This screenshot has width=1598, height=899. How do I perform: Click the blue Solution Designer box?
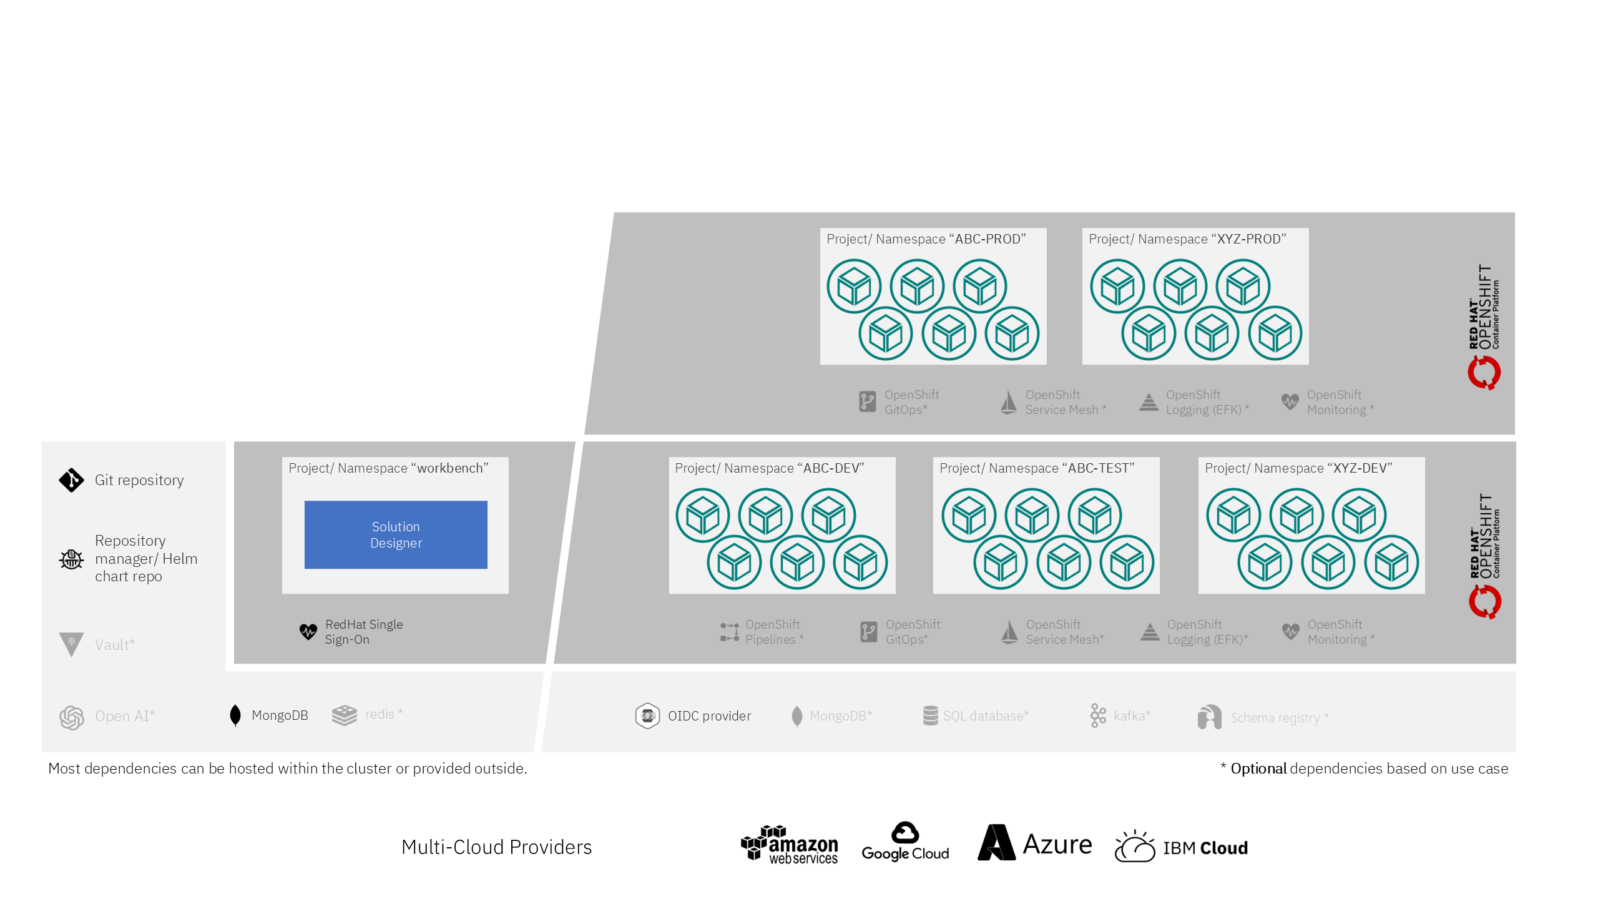(x=396, y=534)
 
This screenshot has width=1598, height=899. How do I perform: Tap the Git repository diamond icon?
(x=71, y=480)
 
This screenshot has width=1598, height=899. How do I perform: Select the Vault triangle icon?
(x=71, y=644)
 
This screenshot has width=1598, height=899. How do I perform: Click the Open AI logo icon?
(x=72, y=717)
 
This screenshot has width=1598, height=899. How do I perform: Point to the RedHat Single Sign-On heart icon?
(x=308, y=632)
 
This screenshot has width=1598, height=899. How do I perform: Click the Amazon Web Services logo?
(x=790, y=845)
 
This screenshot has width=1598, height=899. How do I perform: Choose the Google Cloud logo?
(x=905, y=842)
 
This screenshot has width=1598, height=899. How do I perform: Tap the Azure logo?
(x=1035, y=843)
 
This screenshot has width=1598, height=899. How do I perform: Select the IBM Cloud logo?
(x=1181, y=847)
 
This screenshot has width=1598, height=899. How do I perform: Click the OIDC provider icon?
(x=647, y=716)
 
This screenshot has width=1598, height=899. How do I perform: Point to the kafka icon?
(x=1098, y=715)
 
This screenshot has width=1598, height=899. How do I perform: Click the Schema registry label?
(x=1275, y=718)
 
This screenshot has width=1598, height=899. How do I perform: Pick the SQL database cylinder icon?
(x=930, y=715)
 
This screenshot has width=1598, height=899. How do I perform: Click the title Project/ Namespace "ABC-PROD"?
(x=926, y=239)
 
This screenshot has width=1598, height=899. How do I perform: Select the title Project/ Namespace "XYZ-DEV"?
(x=1298, y=468)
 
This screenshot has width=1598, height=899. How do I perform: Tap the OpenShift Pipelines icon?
(x=729, y=632)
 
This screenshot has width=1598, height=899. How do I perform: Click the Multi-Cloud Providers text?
(x=496, y=847)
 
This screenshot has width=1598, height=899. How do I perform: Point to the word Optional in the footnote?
(x=1258, y=769)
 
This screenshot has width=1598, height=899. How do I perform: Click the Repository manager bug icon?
(x=71, y=559)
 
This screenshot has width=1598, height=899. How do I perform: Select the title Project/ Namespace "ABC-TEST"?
(x=1037, y=468)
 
